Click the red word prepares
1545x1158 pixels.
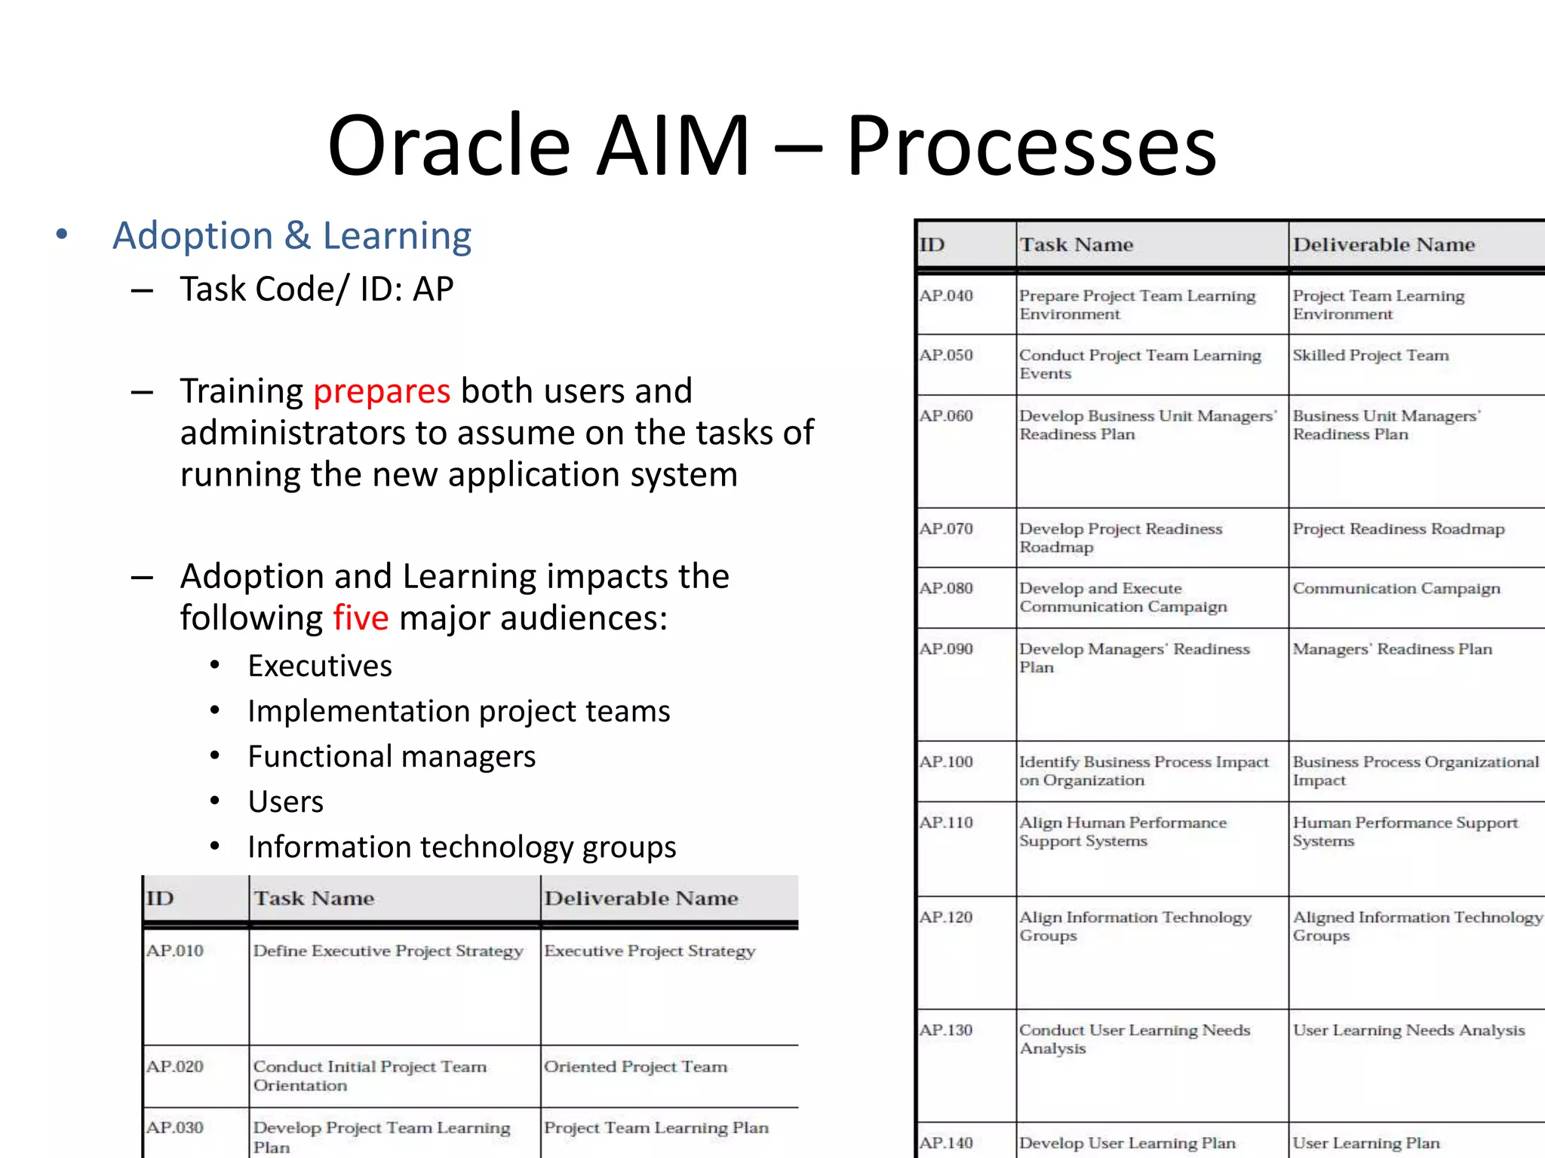tap(382, 391)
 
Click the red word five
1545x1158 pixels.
tap(361, 618)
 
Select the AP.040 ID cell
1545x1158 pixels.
tap(946, 296)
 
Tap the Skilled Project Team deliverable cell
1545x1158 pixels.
tap(1370, 356)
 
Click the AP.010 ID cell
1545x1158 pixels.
tap(175, 951)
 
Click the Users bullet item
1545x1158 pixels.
tap(285, 802)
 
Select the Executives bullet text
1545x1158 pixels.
tap(320, 666)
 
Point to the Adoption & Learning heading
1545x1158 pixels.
tap(292, 236)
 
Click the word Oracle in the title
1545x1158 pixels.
tap(449, 146)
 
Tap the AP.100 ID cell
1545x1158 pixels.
tap(946, 762)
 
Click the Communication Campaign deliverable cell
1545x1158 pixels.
tap(1396, 589)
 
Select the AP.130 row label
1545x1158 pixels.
tap(946, 1031)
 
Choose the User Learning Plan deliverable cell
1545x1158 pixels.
tap(1365, 1144)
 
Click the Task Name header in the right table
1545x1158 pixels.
tap(1076, 245)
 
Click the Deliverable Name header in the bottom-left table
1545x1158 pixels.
tap(641, 899)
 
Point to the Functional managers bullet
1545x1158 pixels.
tap(392, 757)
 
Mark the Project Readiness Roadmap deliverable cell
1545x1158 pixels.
tap(1398, 529)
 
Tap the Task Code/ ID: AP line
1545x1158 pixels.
tap(316, 289)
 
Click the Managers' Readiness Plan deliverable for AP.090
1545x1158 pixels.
tap(1392, 650)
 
